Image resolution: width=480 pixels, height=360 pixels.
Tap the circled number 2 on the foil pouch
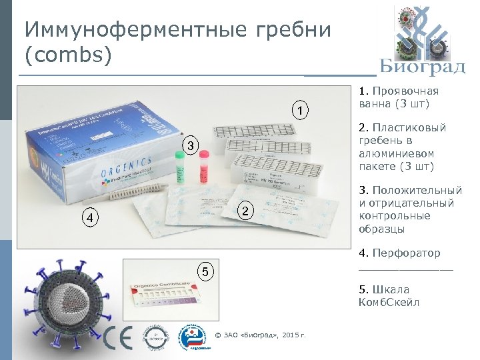coord(245,212)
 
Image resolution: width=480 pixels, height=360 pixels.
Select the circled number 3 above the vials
coord(190,145)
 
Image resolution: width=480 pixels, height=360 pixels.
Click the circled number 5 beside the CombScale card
coord(208,271)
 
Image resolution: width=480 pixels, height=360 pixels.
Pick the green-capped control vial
coord(180,167)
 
